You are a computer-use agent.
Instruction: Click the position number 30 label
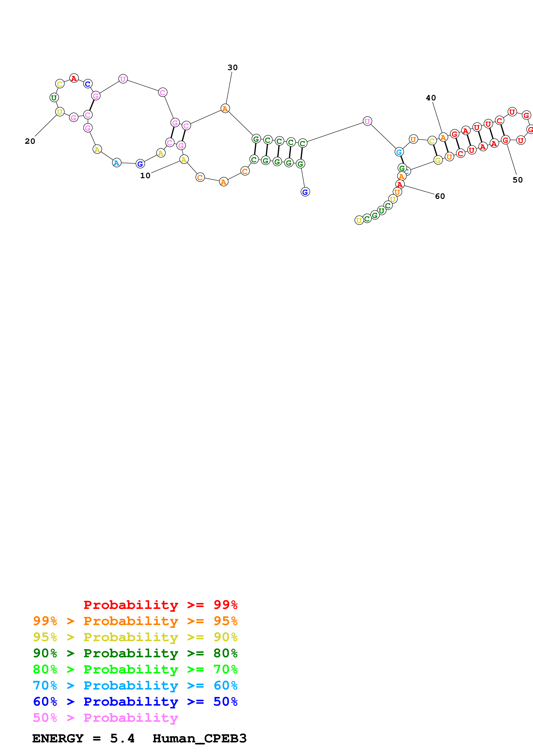232,68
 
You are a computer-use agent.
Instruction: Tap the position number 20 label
30,141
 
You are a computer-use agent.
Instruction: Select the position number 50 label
518,180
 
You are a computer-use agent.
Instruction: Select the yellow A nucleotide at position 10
184,160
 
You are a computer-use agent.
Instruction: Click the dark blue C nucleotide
88,84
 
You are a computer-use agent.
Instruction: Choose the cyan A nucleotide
117,163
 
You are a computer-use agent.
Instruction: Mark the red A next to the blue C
74,78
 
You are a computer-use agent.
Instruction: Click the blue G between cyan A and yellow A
140,164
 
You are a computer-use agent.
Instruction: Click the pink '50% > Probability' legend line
105,718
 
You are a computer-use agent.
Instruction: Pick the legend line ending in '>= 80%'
135,653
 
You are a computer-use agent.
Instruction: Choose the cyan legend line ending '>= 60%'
135,686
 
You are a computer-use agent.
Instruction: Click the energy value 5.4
122,739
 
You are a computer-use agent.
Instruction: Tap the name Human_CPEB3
199,739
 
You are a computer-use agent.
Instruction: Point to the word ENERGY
58,739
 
